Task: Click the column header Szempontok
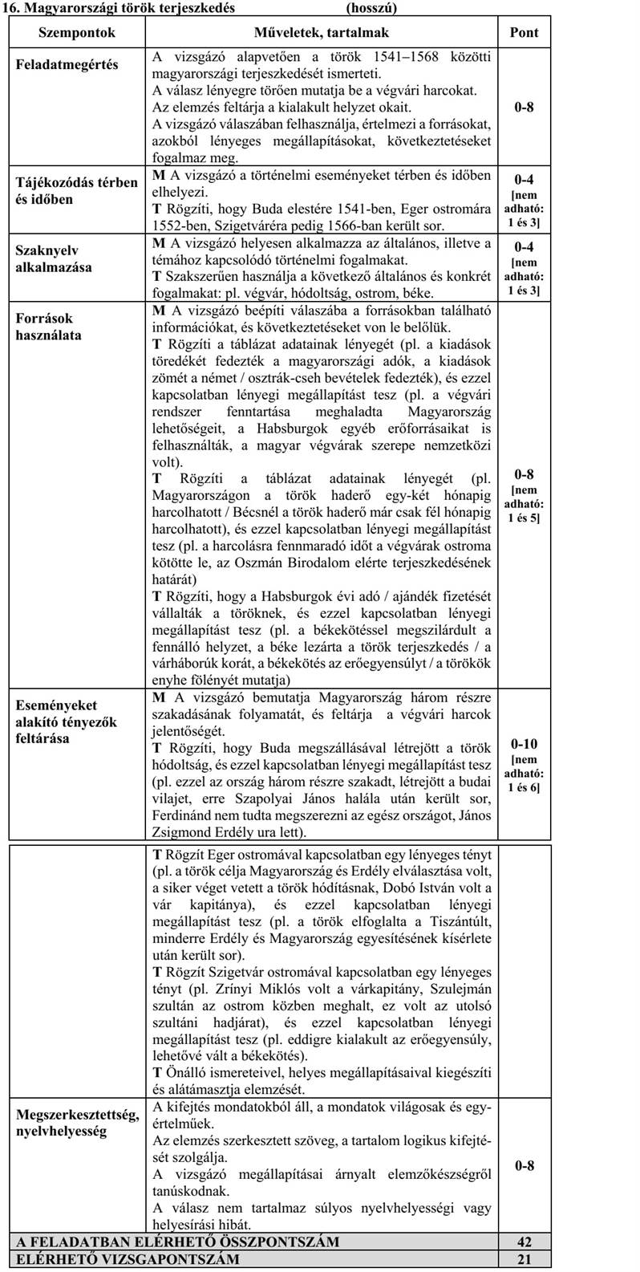77,33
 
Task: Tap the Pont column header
524,33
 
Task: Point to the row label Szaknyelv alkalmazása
54,258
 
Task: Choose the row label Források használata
49,327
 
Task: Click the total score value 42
525,1242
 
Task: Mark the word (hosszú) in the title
372,9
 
